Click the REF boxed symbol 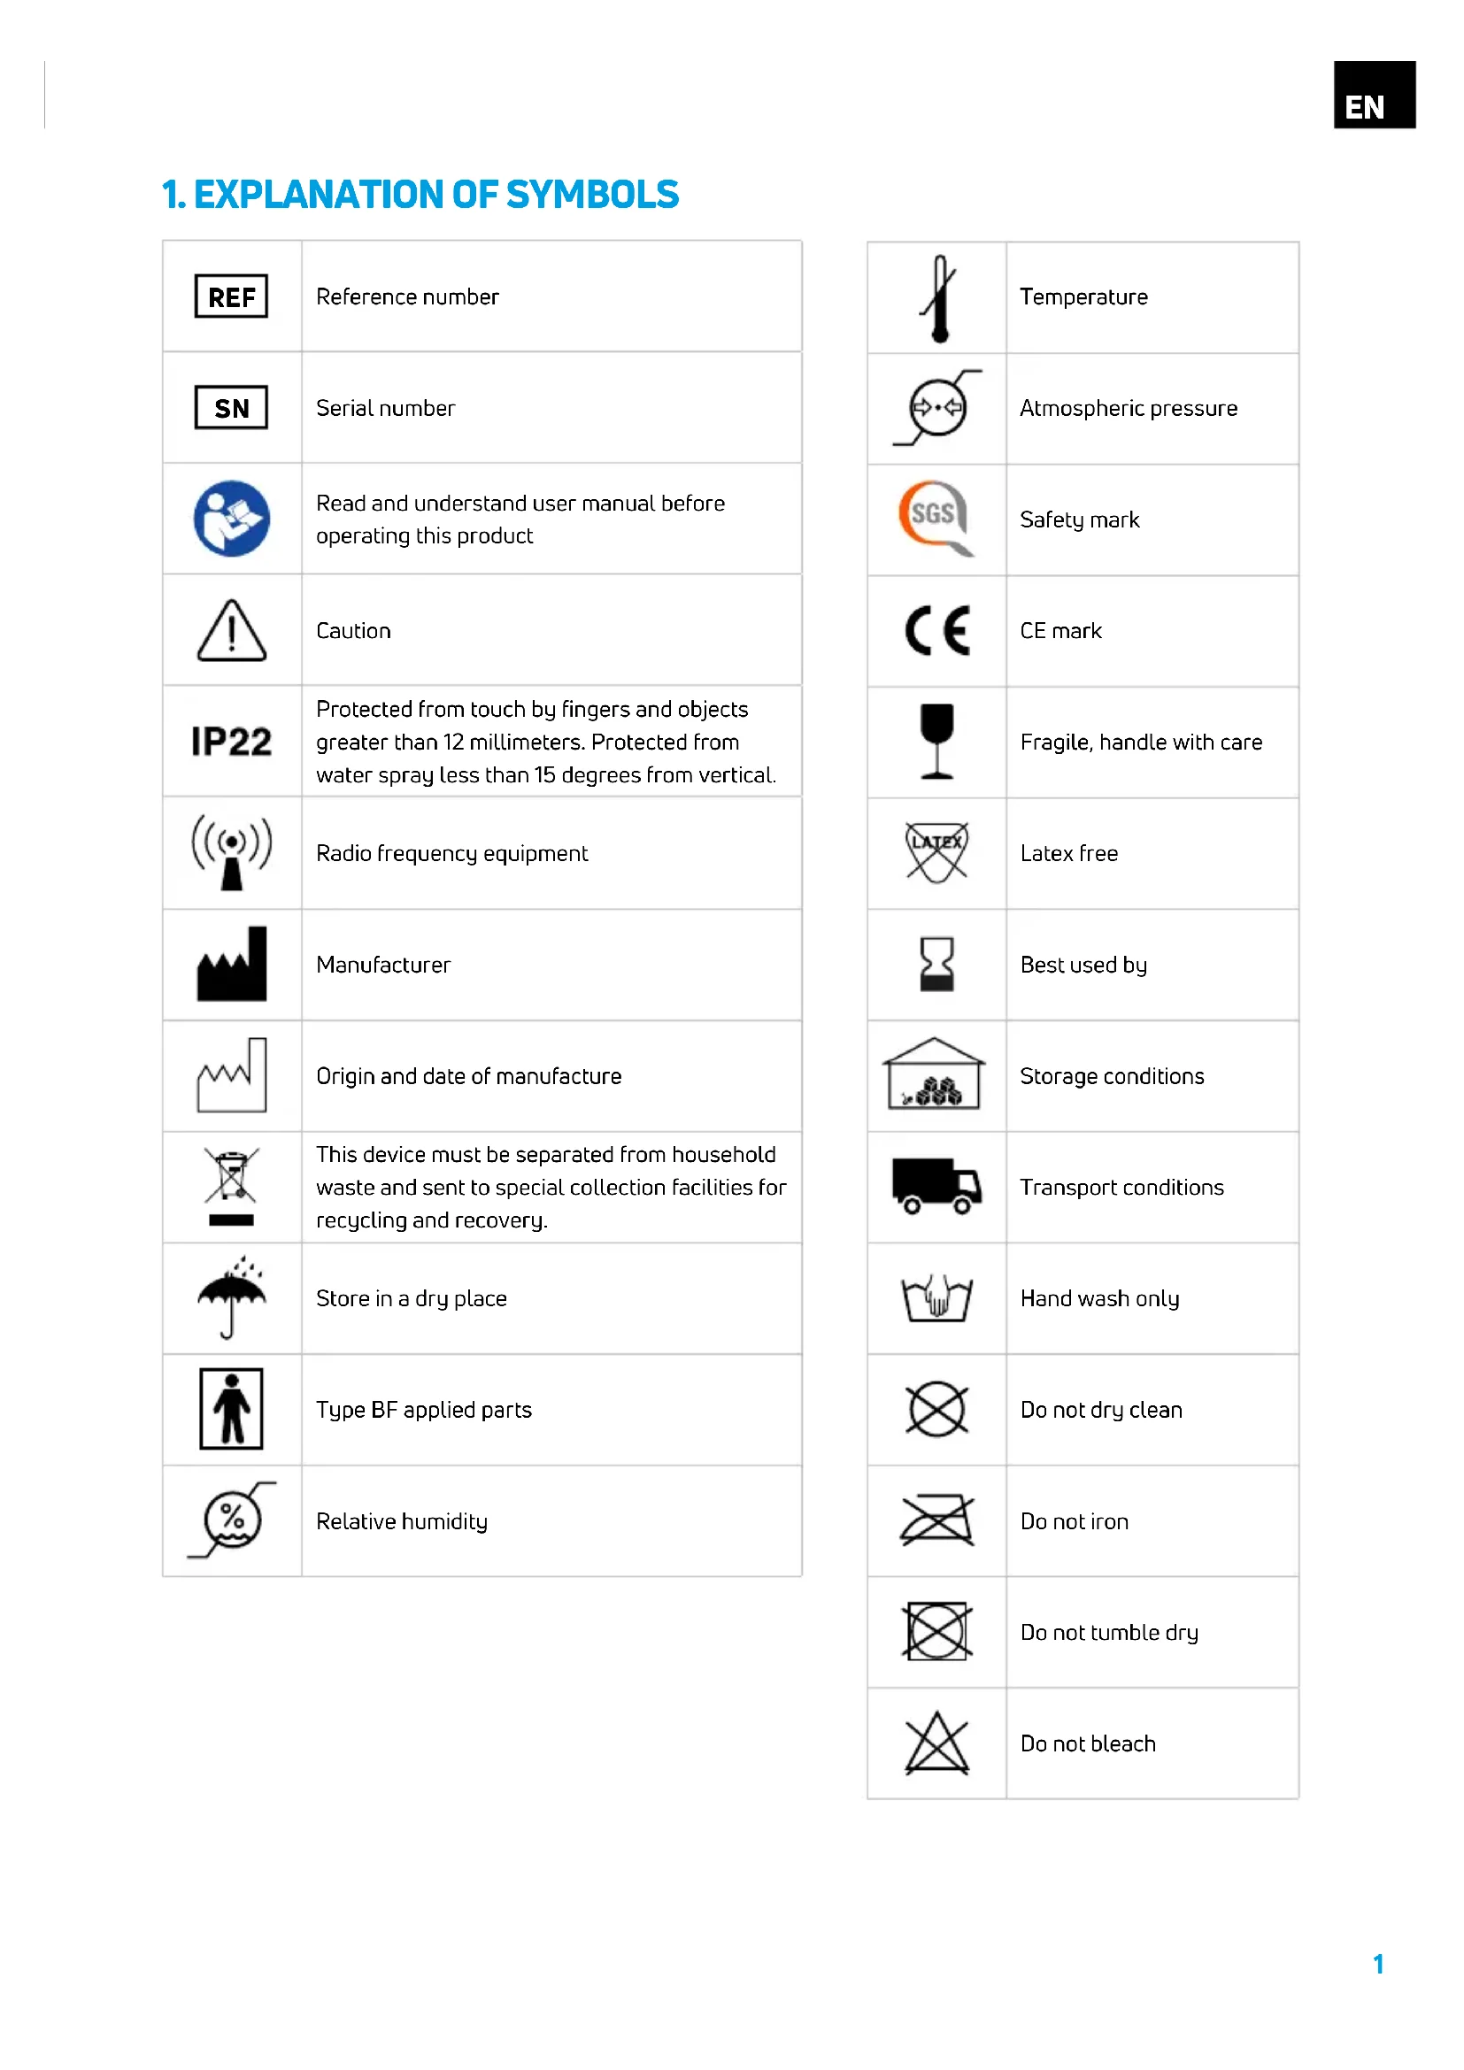coord(232,296)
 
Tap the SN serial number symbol coord(232,407)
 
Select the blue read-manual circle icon coord(232,519)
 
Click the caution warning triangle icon coord(232,631)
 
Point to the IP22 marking coord(232,742)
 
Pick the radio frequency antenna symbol coord(232,852)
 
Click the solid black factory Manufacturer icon coord(232,965)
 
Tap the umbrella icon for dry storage coord(232,1297)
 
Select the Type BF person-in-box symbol coord(232,1409)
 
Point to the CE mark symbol coord(936,630)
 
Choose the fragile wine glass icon coord(936,741)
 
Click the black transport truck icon coord(936,1187)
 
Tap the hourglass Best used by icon coord(936,964)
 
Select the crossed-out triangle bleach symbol coord(936,1743)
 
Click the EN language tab coord(1374,94)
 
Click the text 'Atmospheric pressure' coord(1128,408)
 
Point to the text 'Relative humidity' coord(401,1522)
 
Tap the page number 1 coord(1377,1965)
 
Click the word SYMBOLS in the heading coord(592,195)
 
